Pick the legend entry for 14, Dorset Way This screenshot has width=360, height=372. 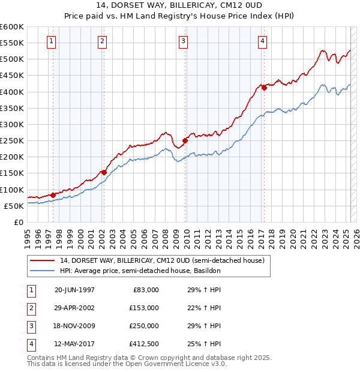[x=162, y=260]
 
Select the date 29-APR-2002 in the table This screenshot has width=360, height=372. [x=74, y=308]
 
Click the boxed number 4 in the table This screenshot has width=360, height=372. [x=30, y=344]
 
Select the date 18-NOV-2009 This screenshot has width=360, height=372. [x=74, y=326]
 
